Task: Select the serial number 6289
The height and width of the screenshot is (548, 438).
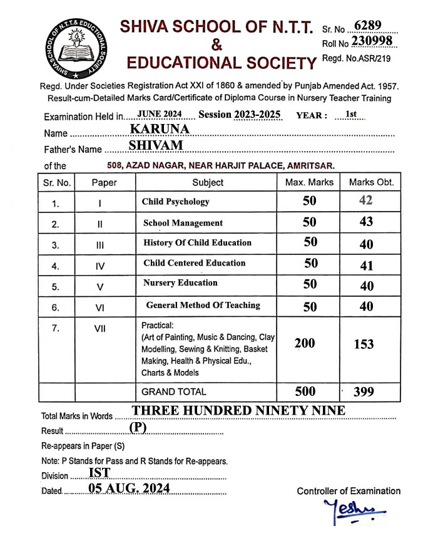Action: [367, 26]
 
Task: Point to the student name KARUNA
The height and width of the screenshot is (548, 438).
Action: [160, 129]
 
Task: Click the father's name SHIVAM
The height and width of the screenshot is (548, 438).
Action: [156, 145]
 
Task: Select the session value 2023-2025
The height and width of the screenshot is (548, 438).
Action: [258, 114]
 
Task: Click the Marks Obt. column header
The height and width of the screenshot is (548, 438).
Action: [371, 182]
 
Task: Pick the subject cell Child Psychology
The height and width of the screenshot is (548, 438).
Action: [176, 202]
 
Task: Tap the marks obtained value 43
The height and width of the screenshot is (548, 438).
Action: [366, 222]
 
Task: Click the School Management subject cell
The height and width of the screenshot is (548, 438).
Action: [183, 222]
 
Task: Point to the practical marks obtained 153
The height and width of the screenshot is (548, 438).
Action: [364, 344]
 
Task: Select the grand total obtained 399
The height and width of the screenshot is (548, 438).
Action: [364, 392]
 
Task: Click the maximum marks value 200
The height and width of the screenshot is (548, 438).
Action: [305, 343]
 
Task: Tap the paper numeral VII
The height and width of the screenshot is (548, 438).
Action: [99, 329]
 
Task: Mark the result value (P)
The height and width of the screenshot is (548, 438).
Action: [138, 427]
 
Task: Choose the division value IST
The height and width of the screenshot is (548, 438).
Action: [99, 473]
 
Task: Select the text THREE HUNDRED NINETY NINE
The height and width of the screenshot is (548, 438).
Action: [238, 411]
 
